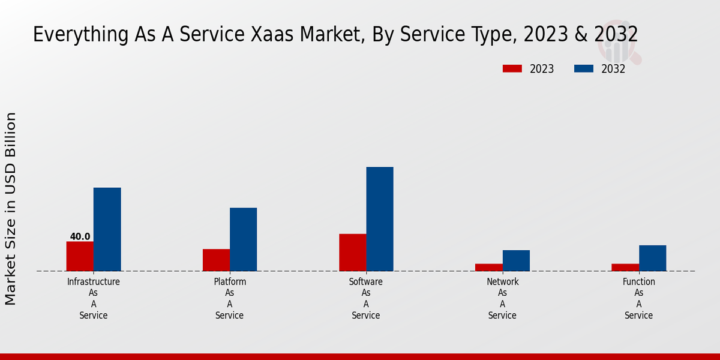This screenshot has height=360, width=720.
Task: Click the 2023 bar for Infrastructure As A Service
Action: pyautogui.click(x=80, y=256)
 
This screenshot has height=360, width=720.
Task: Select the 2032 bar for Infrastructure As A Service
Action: pyautogui.click(x=107, y=229)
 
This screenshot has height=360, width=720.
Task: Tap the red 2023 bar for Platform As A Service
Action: pyautogui.click(x=216, y=260)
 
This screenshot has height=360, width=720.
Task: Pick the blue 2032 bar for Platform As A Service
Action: pyautogui.click(x=243, y=239)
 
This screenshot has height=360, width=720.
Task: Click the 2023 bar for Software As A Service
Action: pyautogui.click(x=352, y=253)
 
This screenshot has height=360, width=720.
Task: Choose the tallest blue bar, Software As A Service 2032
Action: pyautogui.click(x=380, y=219)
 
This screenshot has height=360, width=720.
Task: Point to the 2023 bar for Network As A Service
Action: pyautogui.click(x=488, y=267)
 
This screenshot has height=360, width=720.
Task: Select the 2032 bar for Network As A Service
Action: pyautogui.click(x=516, y=260)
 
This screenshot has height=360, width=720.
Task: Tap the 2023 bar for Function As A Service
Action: pyautogui.click(x=625, y=267)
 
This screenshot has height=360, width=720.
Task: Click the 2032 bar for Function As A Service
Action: pyautogui.click(x=652, y=258)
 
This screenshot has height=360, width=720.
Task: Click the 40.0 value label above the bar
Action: pyautogui.click(x=80, y=236)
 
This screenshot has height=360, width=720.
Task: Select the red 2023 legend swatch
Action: pyautogui.click(x=512, y=68)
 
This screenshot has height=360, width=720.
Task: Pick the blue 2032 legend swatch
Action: pyautogui.click(x=584, y=68)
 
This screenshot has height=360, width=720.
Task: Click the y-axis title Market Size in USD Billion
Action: pyautogui.click(x=11, y=208)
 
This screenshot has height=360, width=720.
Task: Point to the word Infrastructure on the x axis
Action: pyautogui.click(x=94, y=281)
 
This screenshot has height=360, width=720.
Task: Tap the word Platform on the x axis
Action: pyautogui.click(x=230, y=281)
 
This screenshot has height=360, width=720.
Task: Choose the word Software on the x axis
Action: pyautogui.click(x=366, y=281)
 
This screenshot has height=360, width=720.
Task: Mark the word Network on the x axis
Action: pyautogui.click(x=503, y=281)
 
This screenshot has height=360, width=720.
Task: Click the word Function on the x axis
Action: pyautogui.click(x=639, y=281)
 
